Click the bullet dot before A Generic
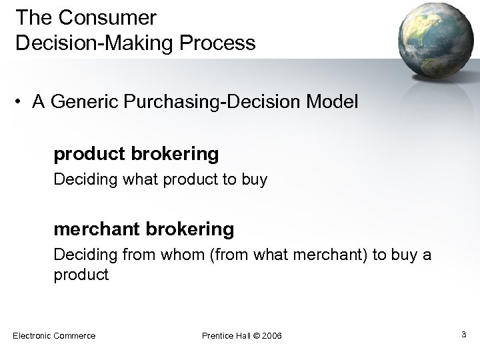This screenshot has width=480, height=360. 21,103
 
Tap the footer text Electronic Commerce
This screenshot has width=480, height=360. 54,335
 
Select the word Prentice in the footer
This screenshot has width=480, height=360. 219,335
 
